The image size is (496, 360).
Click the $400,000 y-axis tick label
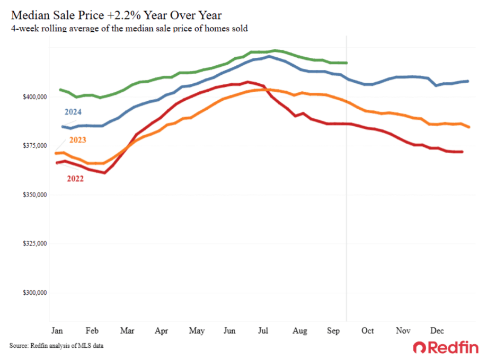35,97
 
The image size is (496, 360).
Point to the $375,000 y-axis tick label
35,146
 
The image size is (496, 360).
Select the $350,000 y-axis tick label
35,195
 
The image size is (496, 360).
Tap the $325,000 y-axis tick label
35,244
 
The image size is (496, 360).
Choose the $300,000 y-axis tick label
35,293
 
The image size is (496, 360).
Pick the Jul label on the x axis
263,331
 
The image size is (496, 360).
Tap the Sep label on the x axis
333,331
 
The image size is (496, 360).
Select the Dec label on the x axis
437,331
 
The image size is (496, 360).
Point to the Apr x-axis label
162,331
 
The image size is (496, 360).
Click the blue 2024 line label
74,112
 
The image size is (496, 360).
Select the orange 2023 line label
76,140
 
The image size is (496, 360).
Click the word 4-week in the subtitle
23,29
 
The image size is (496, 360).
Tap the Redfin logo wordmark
446,347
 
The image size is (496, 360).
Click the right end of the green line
346,63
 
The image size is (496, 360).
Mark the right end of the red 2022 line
462,152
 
